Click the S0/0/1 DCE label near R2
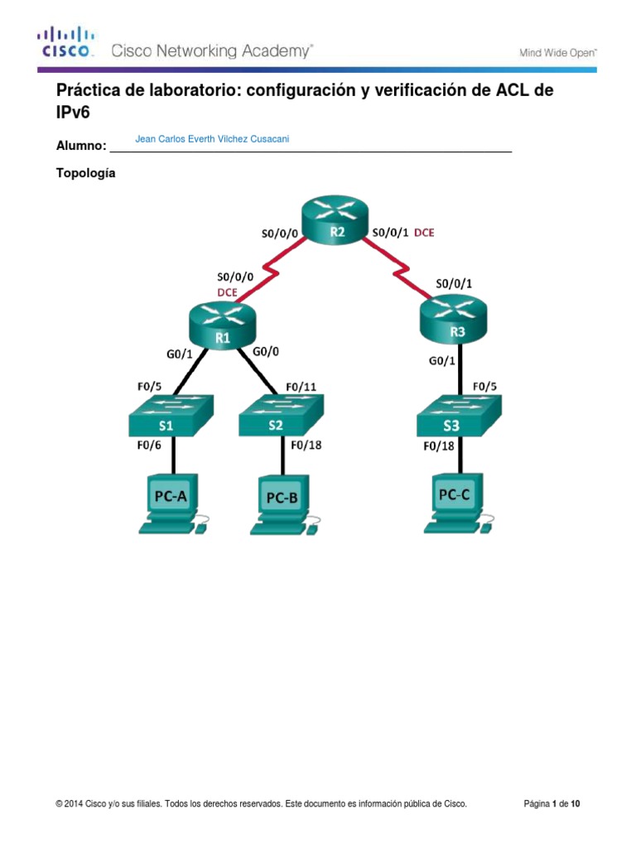coord(403,233)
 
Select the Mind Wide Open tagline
coord(557,52)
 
